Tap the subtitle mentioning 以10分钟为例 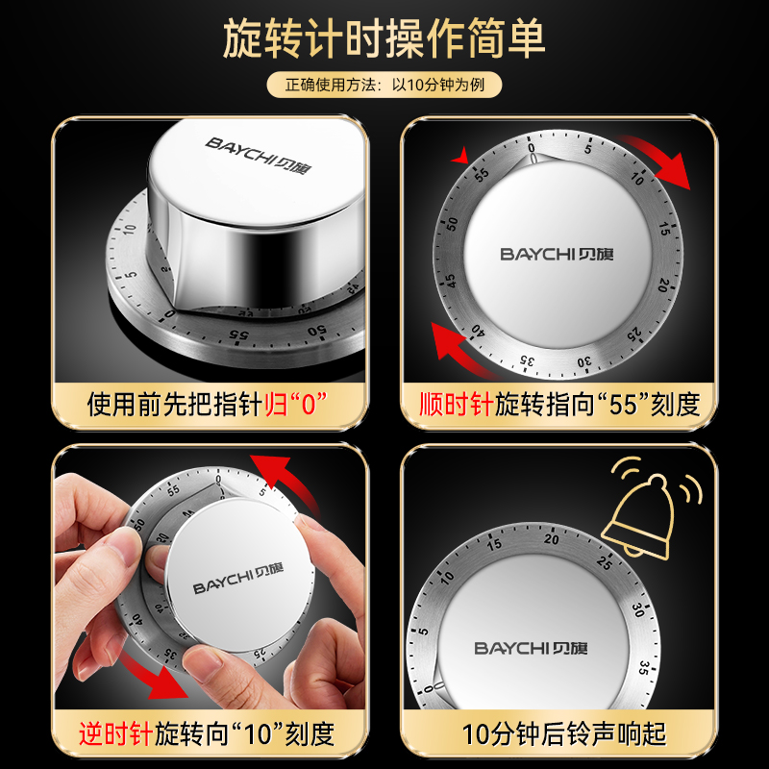(384, 86)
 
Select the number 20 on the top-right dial (663, 285)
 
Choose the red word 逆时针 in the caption (116, 736)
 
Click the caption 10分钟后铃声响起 (563, 736)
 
